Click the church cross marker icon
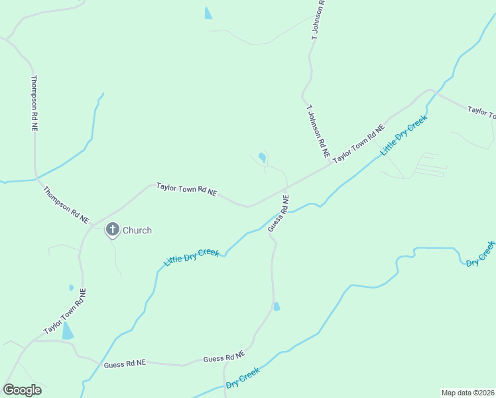(113, 230)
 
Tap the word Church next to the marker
(137, 230)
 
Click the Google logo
(22, 389)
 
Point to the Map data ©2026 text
(467, 393)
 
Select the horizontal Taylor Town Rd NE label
(186, 189)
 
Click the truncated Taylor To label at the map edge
(481, 112)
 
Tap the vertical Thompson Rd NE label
(34, 103)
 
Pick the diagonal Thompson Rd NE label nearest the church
(66, 204)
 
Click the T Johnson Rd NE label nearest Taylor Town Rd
(318, 130)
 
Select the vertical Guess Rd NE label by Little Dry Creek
(279, 214)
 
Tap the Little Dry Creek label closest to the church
(192, 257)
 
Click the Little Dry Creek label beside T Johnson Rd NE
(404, 136)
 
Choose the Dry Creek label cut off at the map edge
(481, 254)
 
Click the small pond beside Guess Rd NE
(277, 306)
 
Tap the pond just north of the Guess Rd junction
(262, 158)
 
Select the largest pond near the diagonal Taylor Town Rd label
(68, 331)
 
